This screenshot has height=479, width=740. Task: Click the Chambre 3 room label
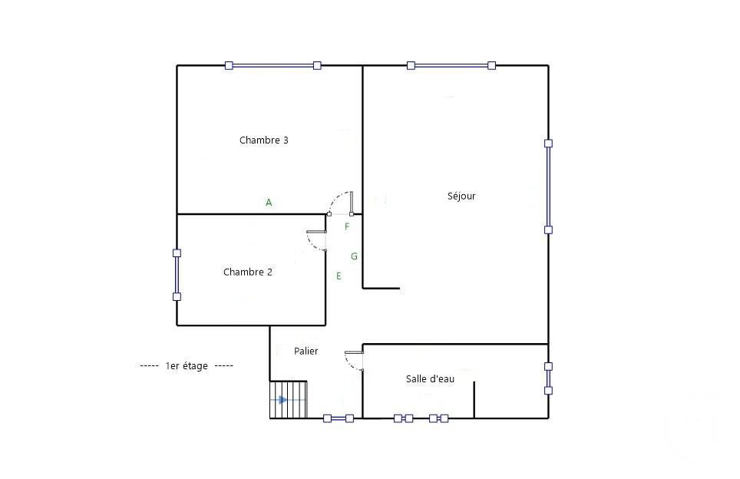click(263, 140)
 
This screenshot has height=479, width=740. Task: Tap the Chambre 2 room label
click(247, 272)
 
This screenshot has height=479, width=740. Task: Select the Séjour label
click(461, 196)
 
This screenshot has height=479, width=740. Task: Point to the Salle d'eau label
click(430, 378)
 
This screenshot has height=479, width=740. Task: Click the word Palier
click(306, 351)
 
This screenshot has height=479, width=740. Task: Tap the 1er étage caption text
click(186, 366)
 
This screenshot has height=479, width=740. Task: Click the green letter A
click(269, 203)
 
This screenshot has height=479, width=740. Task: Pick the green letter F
click(347, 226)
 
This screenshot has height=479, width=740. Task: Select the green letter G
click(354, 256)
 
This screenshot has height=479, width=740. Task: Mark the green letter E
click(339, 276)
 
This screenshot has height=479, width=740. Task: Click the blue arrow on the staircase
click(283, 400)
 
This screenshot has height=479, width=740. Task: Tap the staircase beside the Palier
click(288, 400)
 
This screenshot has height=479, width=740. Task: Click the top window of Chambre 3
click(273, 66)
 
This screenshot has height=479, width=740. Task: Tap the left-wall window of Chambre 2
click(177, 274)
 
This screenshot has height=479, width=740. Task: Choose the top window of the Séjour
click(451, 66)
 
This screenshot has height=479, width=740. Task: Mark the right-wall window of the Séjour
click(548, 186)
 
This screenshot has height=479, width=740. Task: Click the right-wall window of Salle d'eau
click(548, 378)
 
